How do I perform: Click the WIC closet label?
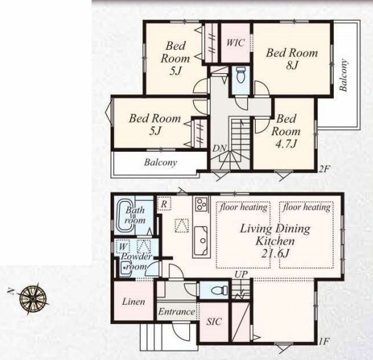[236, 43]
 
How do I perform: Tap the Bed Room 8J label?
[292, 59]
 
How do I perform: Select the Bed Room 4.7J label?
[286, 131]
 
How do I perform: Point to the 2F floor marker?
[324, 169]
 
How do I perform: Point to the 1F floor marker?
[324, 342]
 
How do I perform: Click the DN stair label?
[219, 148]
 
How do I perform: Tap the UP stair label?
[241, 274]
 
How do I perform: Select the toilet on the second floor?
[240, 74]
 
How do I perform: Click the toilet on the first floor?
[220, 290]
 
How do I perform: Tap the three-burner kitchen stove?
[201, 204]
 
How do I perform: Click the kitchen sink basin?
[201, 240]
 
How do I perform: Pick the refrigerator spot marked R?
[164, 204]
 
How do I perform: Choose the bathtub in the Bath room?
[125, 216]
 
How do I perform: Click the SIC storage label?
[214, 321]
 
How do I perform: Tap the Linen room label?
[133, 302]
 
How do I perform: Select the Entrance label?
[177, 311]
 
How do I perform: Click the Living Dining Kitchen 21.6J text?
[275, 241]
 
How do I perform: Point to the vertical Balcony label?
[343, 75]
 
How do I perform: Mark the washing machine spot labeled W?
[123, 246]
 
